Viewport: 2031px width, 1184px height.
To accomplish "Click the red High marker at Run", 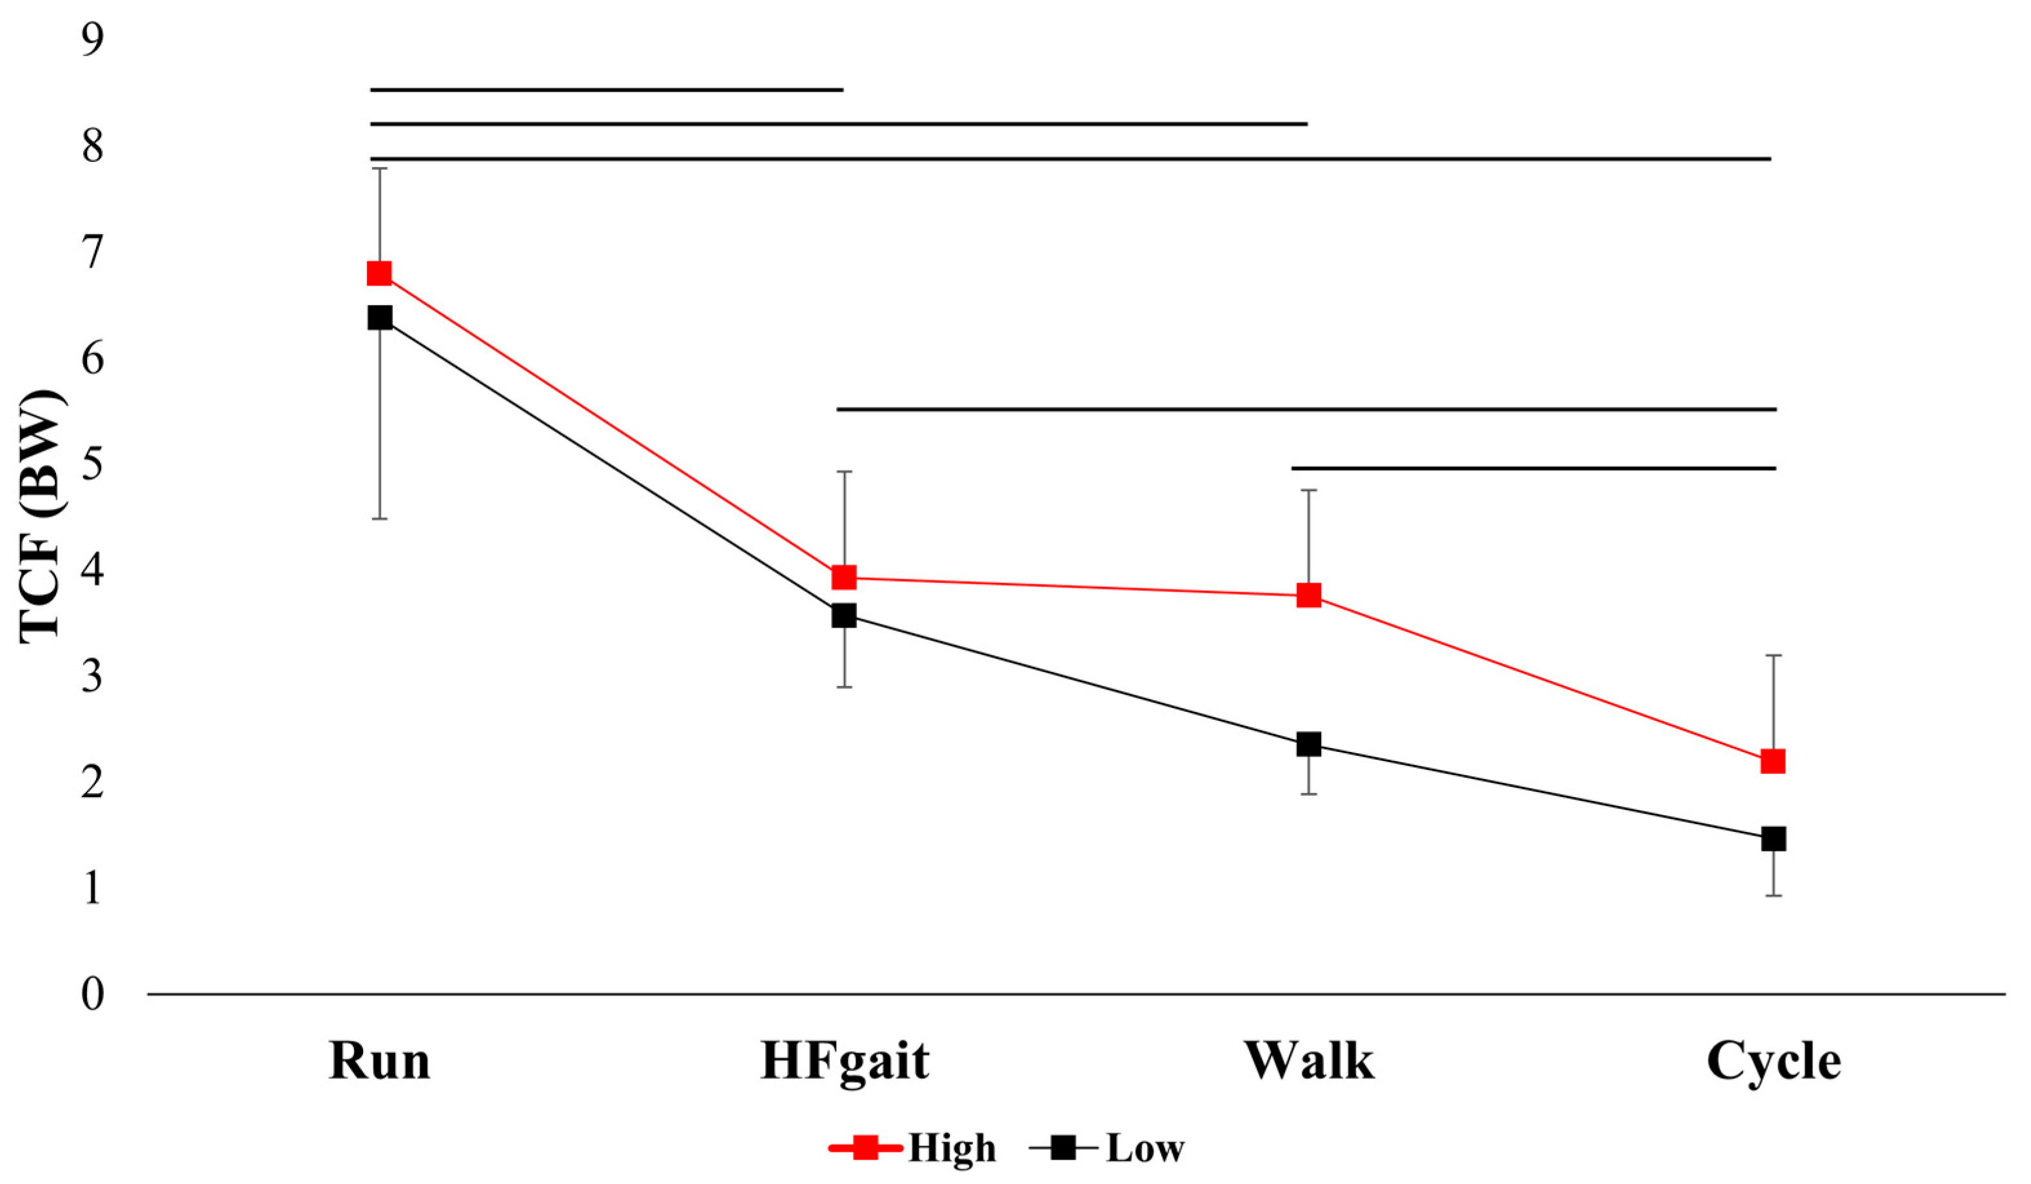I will [380, 274].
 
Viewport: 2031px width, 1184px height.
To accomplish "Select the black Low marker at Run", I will [380, 317].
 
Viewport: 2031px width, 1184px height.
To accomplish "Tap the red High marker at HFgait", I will [844, 577].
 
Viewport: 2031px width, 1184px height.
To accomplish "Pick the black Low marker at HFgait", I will [844, 616].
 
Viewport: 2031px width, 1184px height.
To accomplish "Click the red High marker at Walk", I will [1309, 596].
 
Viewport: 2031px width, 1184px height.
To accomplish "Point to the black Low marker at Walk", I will [1309, 744].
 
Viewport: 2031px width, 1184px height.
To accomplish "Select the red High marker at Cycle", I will [1773, 761].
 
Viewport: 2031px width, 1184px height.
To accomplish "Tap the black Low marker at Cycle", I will [1773, 839].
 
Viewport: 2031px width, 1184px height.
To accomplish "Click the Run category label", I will [380, 1061].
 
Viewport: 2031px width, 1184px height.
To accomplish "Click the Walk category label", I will [1309, 1061].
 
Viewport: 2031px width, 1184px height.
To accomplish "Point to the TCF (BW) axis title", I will [40, 517].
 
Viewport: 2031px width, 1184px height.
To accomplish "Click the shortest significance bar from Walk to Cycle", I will [1534, 468].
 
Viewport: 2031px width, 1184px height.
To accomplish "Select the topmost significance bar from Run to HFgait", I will [606, 90].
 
